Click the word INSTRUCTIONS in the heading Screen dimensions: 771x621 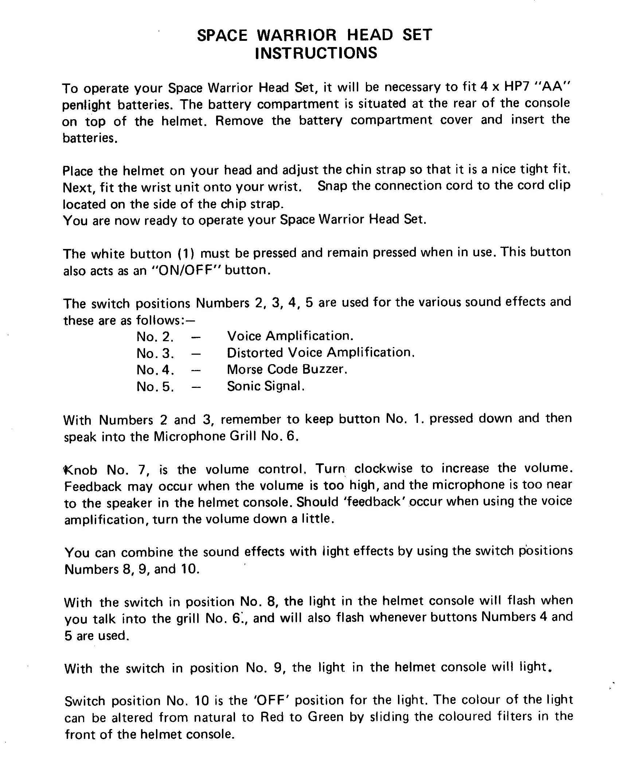[316, 53]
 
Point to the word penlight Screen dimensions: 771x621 [86, 105]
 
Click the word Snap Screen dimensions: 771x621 [332, 186]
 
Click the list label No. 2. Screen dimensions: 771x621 [155, 336]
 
